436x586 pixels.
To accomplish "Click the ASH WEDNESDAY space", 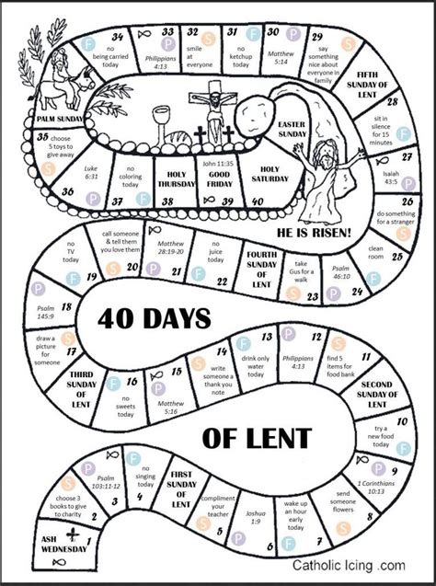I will [38, 543].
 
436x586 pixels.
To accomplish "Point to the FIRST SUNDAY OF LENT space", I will [180, 488].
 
